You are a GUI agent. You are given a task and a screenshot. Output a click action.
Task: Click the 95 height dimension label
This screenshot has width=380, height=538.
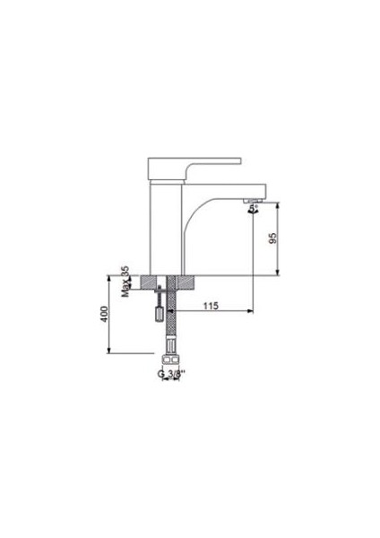(x=273, y=238)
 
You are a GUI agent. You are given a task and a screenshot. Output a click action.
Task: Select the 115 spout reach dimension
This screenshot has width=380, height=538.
(x=212, y=305)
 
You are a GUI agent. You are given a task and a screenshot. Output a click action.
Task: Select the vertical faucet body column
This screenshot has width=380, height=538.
(x=161, y=224)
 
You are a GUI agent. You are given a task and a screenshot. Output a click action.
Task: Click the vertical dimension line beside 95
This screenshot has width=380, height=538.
(x=283, y=238)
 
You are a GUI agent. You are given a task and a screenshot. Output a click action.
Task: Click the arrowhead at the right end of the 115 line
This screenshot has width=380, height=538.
(x=250, y=312)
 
